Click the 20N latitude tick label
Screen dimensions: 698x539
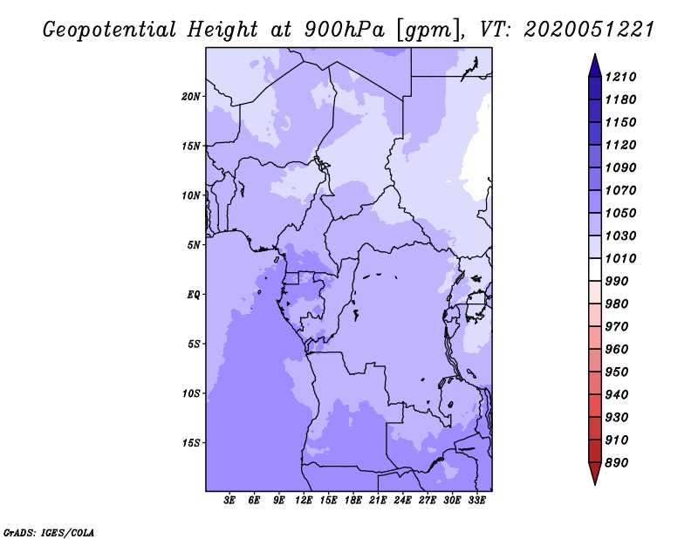pyautogui.click(x=191, y=97)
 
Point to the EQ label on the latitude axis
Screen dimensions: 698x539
pyautogui.click(x=194, y=295)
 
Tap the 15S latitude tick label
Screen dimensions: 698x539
pyautogui.click(x=191, y=443)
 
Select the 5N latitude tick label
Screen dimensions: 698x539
pyautogui.click(x=194, y=245)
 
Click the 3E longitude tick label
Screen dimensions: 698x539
pyautogui.click(x=229, y=501)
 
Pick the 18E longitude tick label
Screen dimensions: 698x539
pyautogui.click(x=353, y=501)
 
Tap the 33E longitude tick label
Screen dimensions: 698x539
pyautogui.click(x=476, y=501)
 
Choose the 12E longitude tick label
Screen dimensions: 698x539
pyautogui.click(x=304, y=501)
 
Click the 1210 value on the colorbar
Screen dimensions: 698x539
pyautogui.click(x=620, y=77)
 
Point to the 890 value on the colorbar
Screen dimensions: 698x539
pyautogui.click(x=617, y=463)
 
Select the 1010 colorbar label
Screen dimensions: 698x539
pyautogui.click(x=620, y=258)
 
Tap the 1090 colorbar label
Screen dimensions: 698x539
pyautogui.click(x=620, y=167)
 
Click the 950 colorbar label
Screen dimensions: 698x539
pyautogui.click(x=617, y=372)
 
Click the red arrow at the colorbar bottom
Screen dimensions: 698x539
pyautogui.click(x=595, y=473)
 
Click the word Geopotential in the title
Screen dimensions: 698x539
pyautogui.click(x=110, y=31)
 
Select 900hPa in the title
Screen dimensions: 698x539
pyautogui.click(x=344, y=30)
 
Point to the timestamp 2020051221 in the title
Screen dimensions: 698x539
pyautogui.click(x=589, y=30)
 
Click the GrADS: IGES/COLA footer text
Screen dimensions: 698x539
pyautogui.click(x=49, y=533)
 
